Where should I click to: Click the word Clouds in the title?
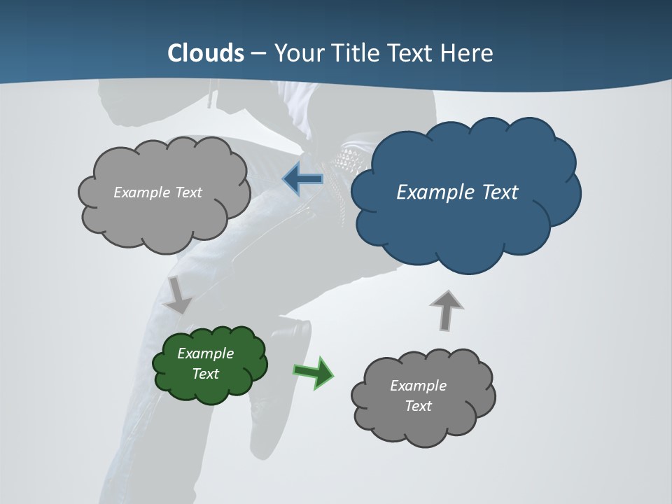coord(206,53)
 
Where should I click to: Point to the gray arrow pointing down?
coord(178,295)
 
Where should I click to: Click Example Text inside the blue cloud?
coord(457,192)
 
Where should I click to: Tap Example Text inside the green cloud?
coord(206,363)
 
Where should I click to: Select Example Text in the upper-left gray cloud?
coord(157,192)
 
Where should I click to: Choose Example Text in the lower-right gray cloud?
coord(418,395)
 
